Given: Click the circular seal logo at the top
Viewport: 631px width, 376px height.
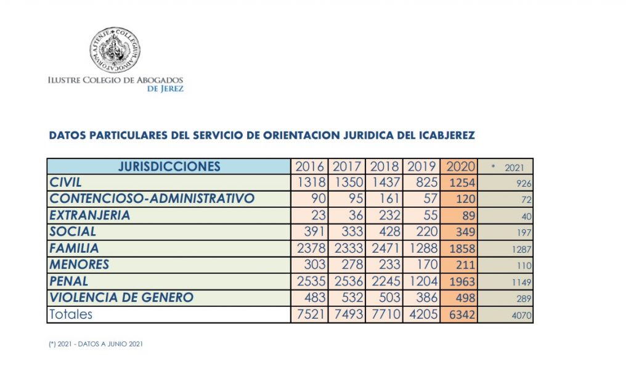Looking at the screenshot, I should [x=115, y=50].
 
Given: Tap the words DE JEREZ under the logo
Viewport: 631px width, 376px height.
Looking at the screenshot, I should [x=165, y=89].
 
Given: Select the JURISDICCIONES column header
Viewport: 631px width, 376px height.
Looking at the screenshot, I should [x=169, y=166].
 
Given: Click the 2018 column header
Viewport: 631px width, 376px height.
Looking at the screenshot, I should [x=384, y=166].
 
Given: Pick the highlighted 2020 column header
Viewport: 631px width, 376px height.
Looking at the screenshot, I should [x=459, y=166].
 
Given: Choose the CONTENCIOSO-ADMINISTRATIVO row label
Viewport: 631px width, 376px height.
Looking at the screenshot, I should [x=152, y=199].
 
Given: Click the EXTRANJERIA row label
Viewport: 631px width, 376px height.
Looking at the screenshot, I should [x=90, y=216].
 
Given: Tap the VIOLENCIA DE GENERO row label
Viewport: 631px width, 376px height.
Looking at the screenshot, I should [x=121, y=298].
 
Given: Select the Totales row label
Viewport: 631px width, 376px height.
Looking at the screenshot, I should [x=71, y=314].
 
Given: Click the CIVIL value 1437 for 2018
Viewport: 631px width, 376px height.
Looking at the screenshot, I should [x=384, y=183].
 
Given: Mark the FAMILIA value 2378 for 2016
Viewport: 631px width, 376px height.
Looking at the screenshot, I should [x=310, y=248].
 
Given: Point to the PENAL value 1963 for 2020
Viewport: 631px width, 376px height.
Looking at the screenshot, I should [x=459, y=282].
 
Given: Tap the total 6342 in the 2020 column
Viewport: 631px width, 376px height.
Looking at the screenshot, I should [x=459, y=315].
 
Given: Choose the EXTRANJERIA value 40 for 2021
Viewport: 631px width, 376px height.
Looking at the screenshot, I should [x=525, y=216].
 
